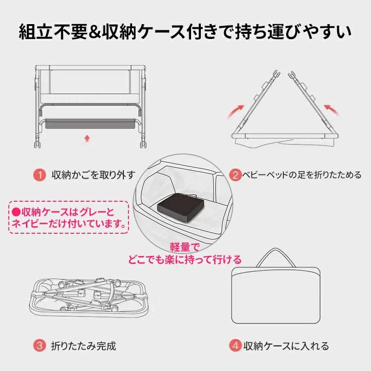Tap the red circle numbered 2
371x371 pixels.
pyautogui.click(x=236, y=175)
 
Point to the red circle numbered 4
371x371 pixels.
pyautogui.click(x=236, y=345)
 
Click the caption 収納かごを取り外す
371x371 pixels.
pyautogui.click(x=94, y=175)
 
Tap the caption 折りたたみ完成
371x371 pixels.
pyautogui.click(x=83, y=345)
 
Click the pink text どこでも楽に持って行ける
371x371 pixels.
pyautogui.click(x=185, y=258)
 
